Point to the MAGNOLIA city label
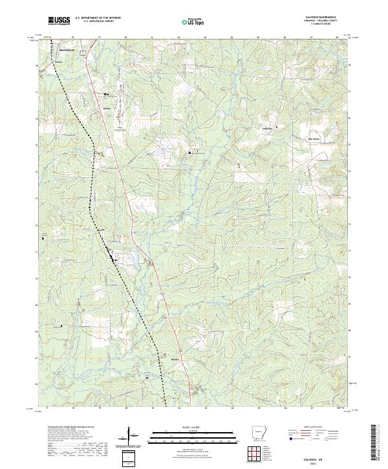(x=67, y=49)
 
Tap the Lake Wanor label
(x=313, y=138)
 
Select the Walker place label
(x=107, y=109)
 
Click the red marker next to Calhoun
(x=277, y=127)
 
